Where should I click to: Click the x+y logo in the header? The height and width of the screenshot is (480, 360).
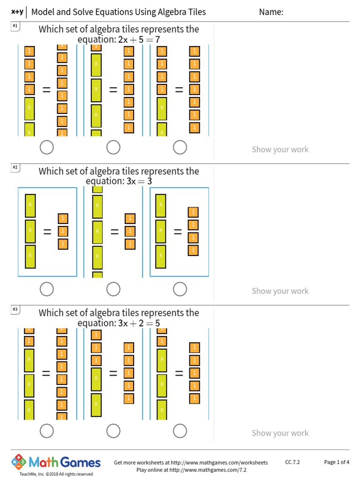[x=16, y=12]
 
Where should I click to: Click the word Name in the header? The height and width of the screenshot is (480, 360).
[x=271, y=12]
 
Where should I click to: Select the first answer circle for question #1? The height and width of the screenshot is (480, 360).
[x=46, y=148]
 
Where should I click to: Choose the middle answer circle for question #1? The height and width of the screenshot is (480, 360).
[x=113, y=148]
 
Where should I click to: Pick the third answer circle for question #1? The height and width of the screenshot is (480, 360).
[x=180, y=148]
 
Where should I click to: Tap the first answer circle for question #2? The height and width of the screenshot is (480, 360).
[x=46, y=290]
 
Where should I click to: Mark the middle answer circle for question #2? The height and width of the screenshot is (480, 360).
[x=113, y=290]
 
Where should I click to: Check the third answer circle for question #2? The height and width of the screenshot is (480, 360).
[x=180, y=290]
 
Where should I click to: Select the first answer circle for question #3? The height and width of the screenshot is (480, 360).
[x=46, y=431]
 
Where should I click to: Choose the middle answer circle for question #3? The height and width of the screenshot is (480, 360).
[x=113, y=431]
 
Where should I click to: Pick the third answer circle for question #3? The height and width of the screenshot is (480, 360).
[x=180, y=431]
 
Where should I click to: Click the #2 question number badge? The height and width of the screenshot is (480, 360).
[x=15, y=167]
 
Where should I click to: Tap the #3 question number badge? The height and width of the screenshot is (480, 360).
[x=15, y=309]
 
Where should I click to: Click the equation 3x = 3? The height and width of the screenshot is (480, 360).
[x=139, y=181]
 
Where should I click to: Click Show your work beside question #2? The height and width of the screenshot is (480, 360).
[x=280, y=291]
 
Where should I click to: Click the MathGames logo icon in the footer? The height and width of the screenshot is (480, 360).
[x=19, y=462]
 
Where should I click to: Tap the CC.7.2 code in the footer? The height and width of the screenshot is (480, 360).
[x=292, y=462]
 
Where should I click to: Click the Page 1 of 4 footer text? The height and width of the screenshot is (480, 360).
[x=337, y=462]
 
